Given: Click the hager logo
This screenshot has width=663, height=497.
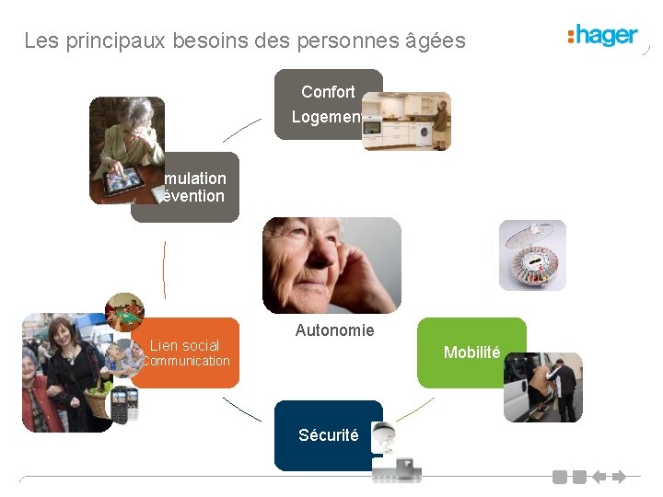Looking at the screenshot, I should [x=603, y=36].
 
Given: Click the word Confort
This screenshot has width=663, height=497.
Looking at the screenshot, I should [x=328, y=91].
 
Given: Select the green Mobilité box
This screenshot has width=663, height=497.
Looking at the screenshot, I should [x=471, y=353].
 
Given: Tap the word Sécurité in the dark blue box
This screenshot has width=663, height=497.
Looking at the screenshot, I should [x=328, y=435].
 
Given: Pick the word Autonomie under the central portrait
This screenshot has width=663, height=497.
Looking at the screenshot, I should [x=334, y=330].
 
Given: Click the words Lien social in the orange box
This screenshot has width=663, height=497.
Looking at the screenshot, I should [x=184, y=345].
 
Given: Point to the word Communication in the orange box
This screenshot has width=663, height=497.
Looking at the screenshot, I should [x=185, y=362].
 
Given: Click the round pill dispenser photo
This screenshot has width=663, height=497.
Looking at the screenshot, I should [x=532, y=257].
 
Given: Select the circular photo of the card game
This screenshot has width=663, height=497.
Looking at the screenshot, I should [x=124, y=311].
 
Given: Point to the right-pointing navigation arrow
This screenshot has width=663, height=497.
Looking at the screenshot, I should [x=618, y=477].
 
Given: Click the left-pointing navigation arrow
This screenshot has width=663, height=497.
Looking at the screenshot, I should [x=598, y=477].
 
